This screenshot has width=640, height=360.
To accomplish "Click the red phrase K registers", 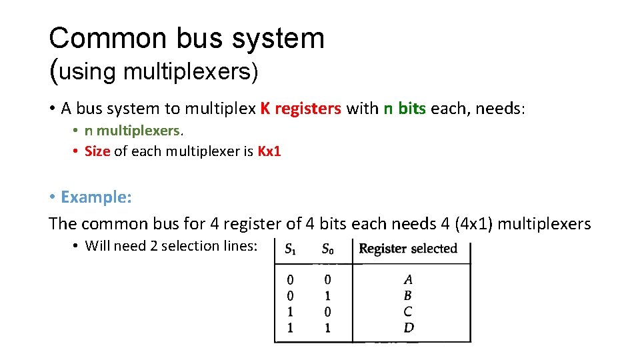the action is point(301,109).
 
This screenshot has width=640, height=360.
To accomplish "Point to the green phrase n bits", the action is point(405,109).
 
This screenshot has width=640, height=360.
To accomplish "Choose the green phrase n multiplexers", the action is point(132,131).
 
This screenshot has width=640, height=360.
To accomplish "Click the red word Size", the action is point(97,151).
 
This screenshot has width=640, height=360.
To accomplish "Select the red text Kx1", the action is point(269,151).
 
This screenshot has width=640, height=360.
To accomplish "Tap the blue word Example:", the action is point(96,197).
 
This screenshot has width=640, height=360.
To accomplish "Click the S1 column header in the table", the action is point(291,249).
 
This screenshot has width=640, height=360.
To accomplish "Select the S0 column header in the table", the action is point(327,249).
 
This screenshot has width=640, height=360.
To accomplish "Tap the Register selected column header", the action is point(408,249).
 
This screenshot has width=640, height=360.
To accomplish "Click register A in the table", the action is point(408,280).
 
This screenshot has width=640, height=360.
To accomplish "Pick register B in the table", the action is point(408,296).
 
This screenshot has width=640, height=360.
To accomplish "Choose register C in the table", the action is point(408,311).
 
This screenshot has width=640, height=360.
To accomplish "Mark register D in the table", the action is point(409,327).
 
